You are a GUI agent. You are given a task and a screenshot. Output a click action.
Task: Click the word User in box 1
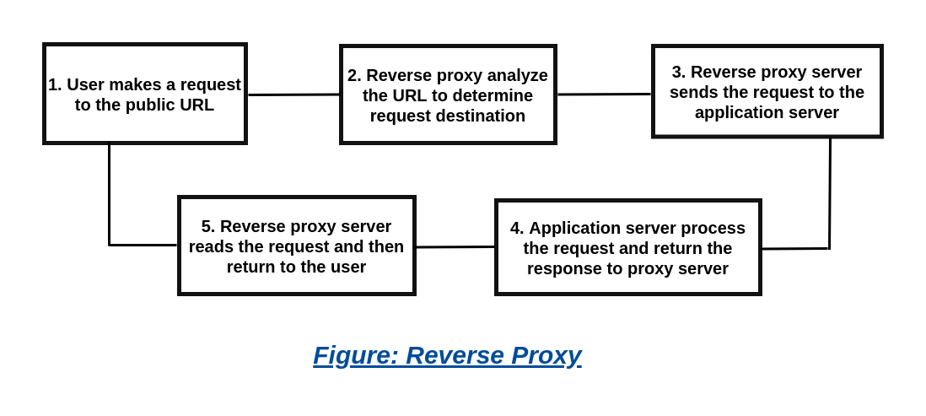84,85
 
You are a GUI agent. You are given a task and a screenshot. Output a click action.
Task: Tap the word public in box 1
156,106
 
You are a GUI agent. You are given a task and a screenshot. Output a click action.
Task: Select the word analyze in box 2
518,76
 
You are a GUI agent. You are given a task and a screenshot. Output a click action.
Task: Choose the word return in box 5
251,267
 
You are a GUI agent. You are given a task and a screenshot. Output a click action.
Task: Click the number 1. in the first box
55,85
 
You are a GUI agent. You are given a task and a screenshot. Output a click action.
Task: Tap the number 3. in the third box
677,73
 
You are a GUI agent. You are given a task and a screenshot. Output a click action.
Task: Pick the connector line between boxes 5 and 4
455,247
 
